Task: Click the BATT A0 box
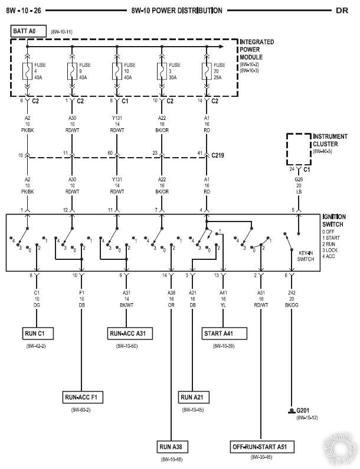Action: pyautogui.click(x=23, y=30)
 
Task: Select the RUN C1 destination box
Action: pyautogui.click(x=39, y=334)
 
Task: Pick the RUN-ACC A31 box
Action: pyautogui.click(x=127, y=334)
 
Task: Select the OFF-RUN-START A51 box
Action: pyautogui.click(x=263, y=447)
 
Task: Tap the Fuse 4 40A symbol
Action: pyautogui.click(x=27, y=71)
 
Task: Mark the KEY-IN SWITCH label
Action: pyautogui.click(x=305, y=256)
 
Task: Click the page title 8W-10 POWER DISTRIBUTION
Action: pyautogui.click(x=176, y=10)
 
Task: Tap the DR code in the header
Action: pyautogui.click(x=342, y=10)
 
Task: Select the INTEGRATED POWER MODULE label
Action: pyautogui.click(x=257, y=49)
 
